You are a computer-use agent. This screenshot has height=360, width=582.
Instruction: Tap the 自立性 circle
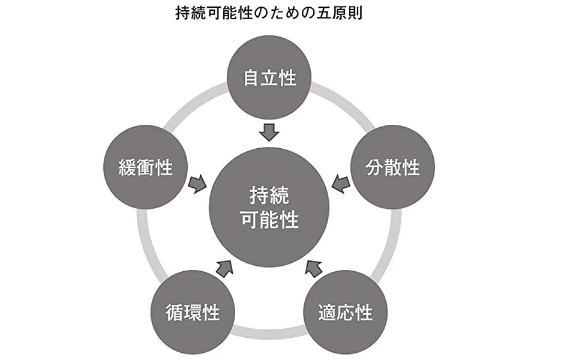pos(269,77)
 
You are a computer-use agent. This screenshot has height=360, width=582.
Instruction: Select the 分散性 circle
pos(392,167)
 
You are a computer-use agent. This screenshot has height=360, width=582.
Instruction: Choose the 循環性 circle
pos(193,312)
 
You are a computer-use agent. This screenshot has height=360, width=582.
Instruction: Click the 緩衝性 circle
pos(146,167)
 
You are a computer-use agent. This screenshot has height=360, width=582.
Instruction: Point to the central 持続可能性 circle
pos(269,208)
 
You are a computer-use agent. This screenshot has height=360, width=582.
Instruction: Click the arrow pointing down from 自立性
pos(269,131)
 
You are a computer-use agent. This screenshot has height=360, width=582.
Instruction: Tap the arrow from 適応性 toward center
pos(313,268)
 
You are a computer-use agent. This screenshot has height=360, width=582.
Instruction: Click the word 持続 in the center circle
pos(269,196)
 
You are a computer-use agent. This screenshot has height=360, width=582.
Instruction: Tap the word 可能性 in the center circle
pos(269,220)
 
